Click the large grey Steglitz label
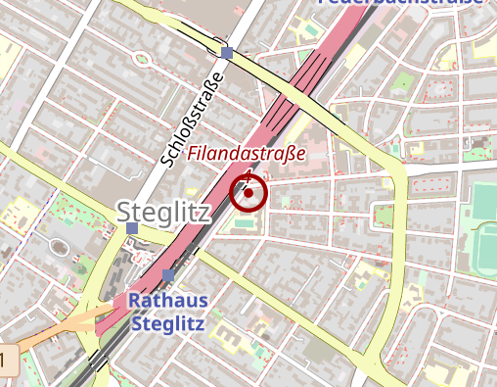[162, 210]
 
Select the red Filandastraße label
[247, 154]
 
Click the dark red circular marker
[249, 193]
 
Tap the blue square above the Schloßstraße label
[227, 52]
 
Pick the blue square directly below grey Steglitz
[132, 228]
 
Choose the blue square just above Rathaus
[168, 275]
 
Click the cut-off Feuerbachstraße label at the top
[401, 3]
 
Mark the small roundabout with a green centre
[143, 58]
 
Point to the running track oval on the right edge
[486, 250]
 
